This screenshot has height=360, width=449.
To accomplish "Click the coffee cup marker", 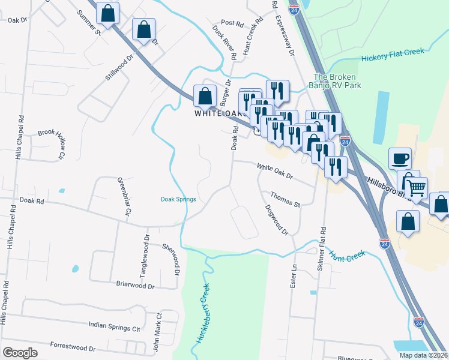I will (400, 159).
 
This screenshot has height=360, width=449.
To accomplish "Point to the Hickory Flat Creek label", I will (393, 56).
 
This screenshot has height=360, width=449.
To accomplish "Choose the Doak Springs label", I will (178, 199).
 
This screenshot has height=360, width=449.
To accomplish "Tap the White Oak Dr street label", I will (274, 172).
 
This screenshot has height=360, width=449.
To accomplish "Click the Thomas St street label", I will (285, 200).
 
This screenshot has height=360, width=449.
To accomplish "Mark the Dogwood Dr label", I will (277, 220).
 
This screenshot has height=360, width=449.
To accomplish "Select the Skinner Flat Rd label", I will (323, 246).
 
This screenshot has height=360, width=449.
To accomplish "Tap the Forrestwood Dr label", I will (73, 347).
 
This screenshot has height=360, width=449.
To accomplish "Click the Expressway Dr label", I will (285, 36).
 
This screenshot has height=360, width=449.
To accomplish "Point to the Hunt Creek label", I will (347, 256).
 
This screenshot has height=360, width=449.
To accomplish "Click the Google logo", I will (20, 353).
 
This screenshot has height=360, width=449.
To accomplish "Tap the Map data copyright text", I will (423, 355).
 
